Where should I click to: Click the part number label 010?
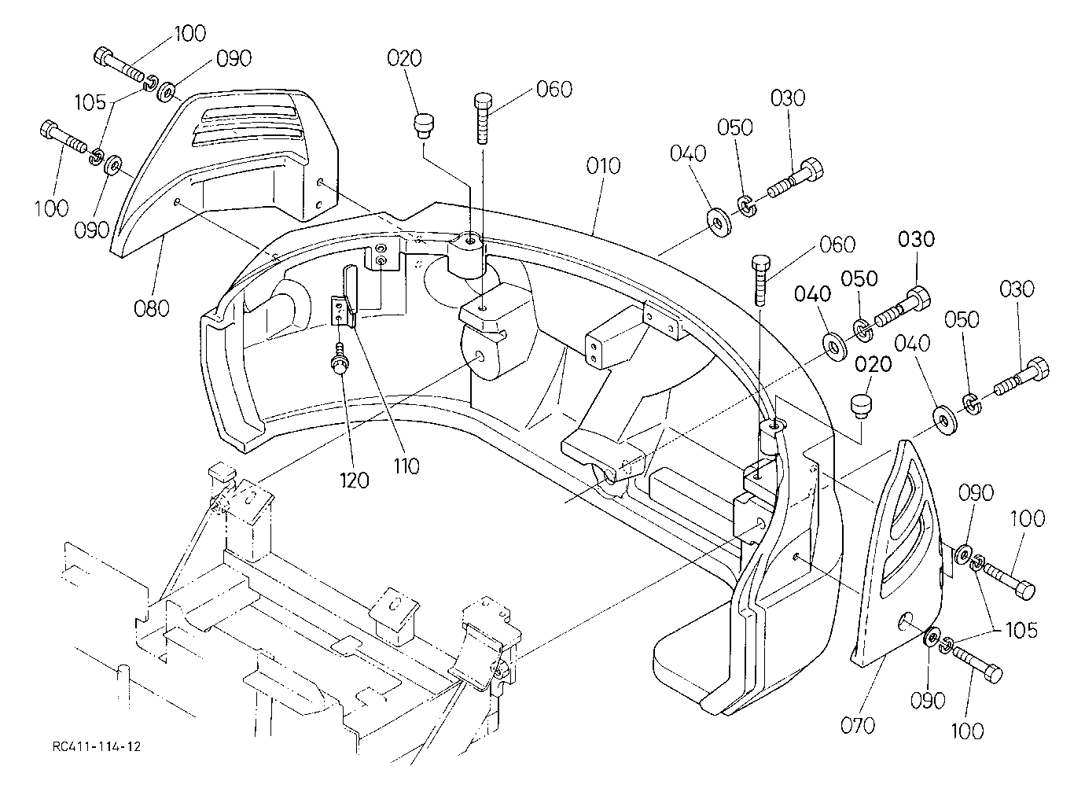(603, 166)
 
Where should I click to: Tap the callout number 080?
(152, 308)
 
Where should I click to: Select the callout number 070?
(858, 726)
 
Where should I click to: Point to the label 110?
(406, 466)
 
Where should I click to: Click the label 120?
(354, 481)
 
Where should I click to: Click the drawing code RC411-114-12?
(97, 746)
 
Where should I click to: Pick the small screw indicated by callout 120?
(338, 359)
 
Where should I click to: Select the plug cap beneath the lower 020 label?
(860, 406)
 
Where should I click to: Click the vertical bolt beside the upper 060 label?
(483, 118)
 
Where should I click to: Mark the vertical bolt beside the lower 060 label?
(760, 280)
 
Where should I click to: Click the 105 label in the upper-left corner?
(90, 102)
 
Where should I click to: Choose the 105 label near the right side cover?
(1022, 630)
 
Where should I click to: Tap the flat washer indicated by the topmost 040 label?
(719, 223)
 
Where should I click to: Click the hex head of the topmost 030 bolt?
(812, 171)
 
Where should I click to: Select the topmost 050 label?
(735, 127)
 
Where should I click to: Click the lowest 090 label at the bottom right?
(928, 700)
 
